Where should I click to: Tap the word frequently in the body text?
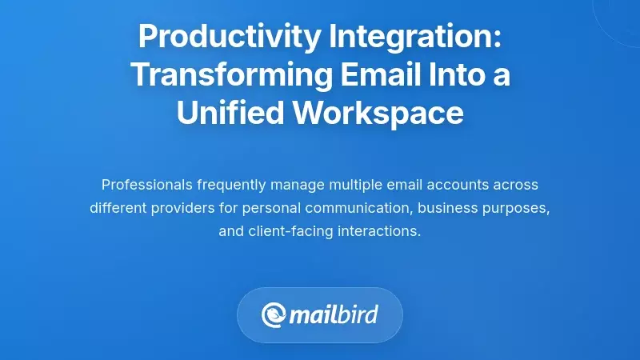[x=234, y=185]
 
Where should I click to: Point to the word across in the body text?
[x=518, y=185]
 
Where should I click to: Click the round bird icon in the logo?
[x=274, y=314]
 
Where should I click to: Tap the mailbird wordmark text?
[x=335, y=314]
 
